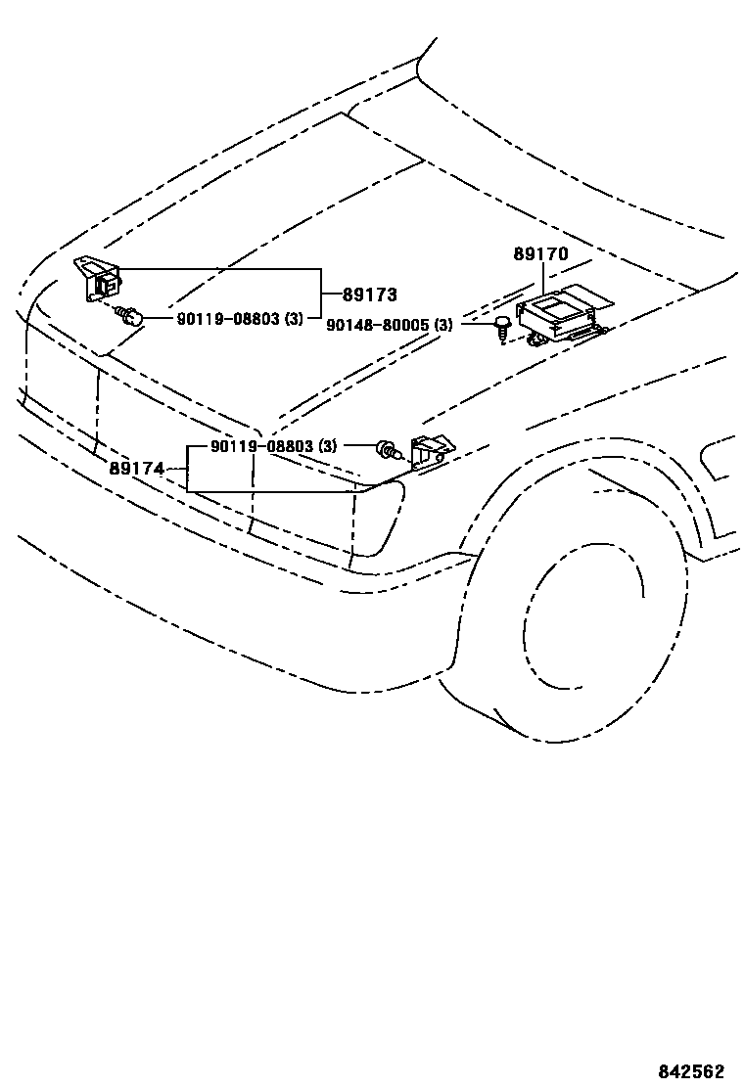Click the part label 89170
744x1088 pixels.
540,254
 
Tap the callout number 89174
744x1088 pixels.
136,469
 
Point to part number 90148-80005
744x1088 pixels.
377,325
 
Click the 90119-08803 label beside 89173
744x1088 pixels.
229,319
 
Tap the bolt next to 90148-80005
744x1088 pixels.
502,326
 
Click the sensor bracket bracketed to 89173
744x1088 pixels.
99,278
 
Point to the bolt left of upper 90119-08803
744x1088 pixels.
131,315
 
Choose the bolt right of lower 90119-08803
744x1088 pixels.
389,450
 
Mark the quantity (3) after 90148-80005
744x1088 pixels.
442,325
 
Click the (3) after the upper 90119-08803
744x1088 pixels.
294,319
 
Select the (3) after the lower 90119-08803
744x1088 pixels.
328,447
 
